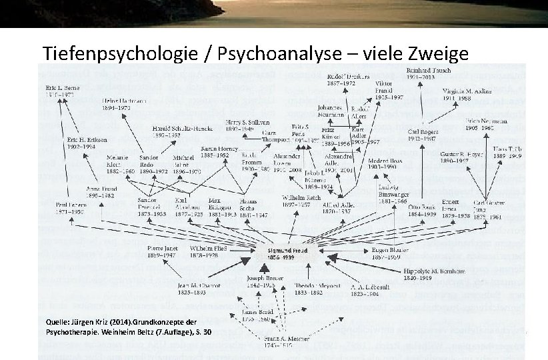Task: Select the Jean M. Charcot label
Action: point(180,287)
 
